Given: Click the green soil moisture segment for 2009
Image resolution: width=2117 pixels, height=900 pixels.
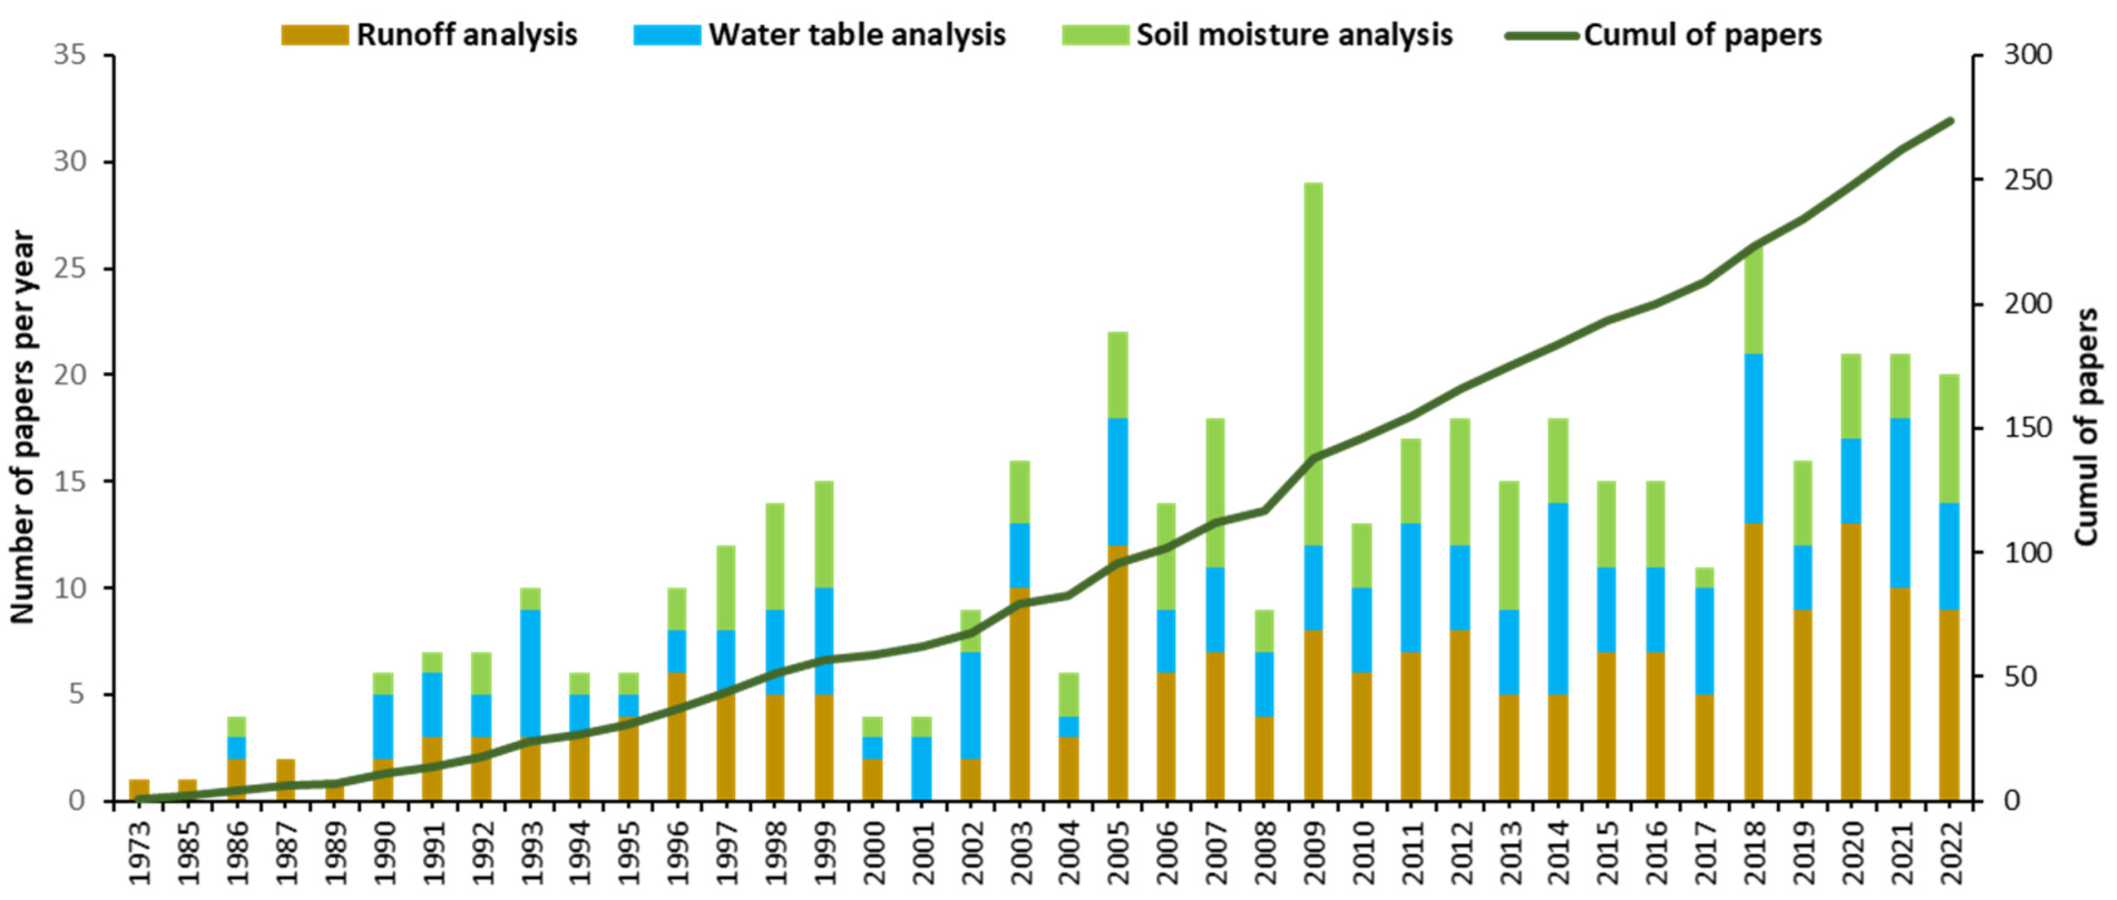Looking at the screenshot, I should [1313, 362].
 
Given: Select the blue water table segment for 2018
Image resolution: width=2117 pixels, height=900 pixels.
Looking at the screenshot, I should [1754, 438].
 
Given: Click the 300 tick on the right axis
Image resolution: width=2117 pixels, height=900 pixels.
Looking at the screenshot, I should [2027, 55].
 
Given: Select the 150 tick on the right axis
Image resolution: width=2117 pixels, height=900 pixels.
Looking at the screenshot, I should [2027, 428].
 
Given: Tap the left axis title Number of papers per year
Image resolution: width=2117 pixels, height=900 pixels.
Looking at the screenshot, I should [22, 427].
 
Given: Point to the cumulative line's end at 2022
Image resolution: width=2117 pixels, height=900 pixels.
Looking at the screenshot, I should [1950, 121].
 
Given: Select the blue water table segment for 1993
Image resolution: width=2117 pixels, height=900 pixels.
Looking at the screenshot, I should [530, 672].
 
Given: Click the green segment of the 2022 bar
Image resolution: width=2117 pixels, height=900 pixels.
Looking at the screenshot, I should [1950, 438].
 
